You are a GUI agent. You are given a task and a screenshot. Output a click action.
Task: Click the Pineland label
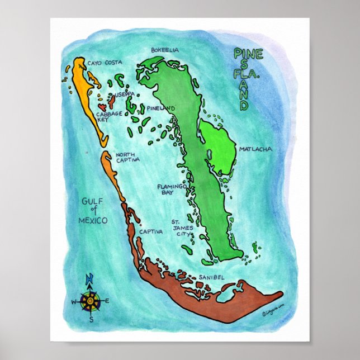coord(162,108)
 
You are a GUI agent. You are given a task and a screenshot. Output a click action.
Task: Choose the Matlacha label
coord(255,149)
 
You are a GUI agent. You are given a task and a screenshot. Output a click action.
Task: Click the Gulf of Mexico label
coord(94,211)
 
